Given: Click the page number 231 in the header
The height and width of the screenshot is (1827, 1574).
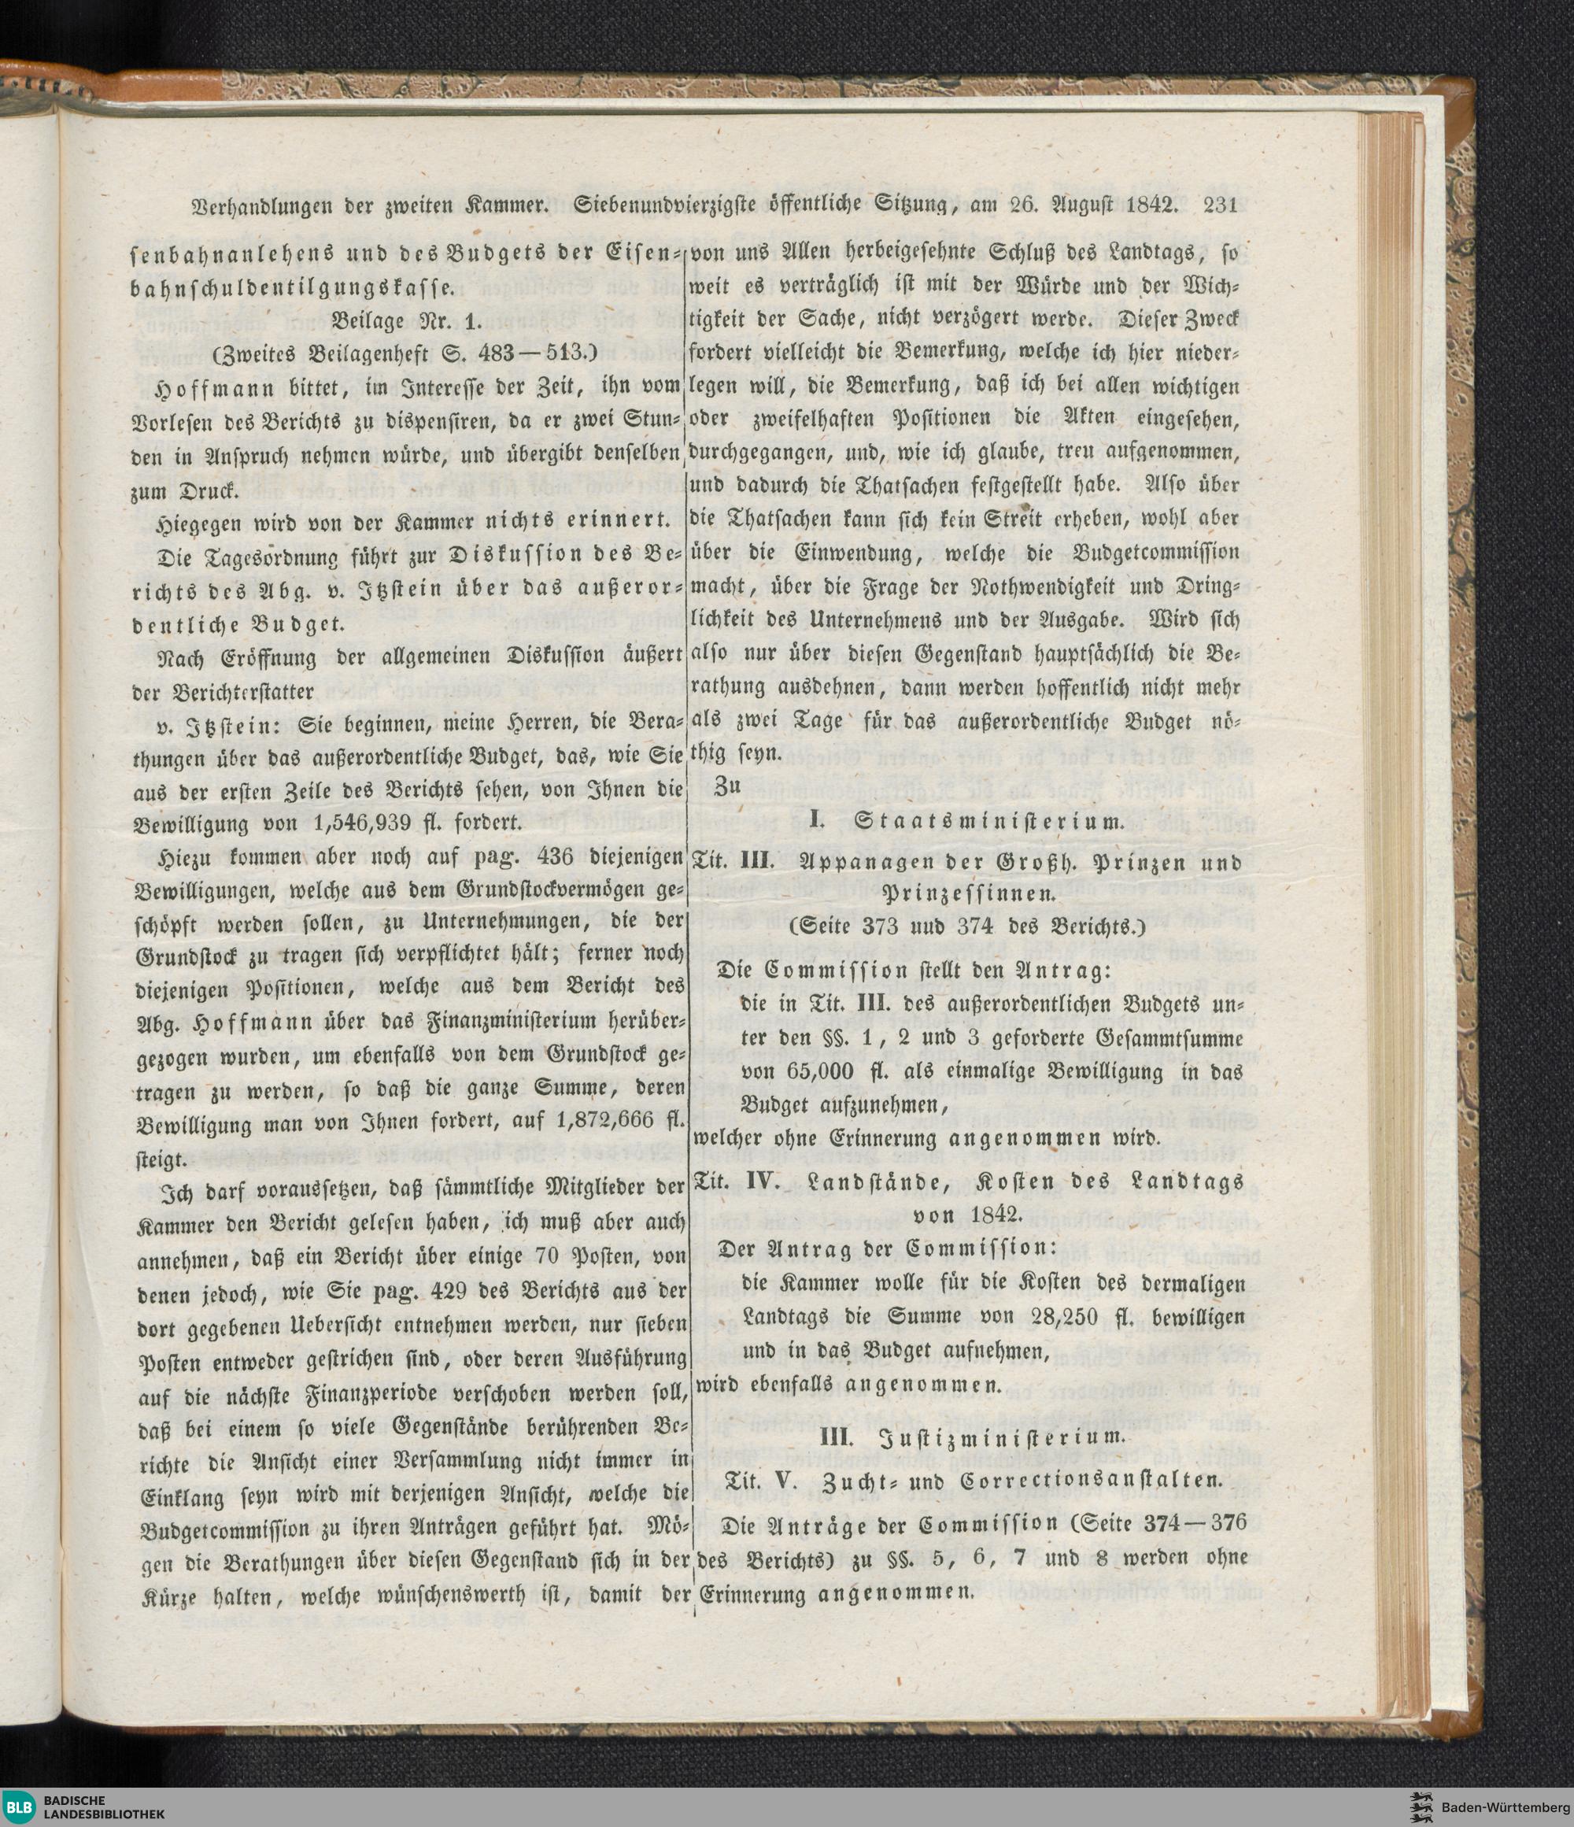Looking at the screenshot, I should click(x=1221, y=205).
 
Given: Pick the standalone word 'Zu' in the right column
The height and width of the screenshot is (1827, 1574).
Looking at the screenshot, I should click(x=727, y=787).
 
